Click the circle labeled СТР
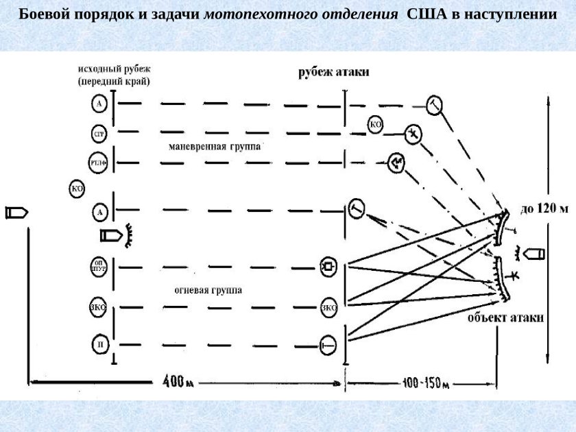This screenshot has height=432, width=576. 99,132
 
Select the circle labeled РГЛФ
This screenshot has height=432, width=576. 99,163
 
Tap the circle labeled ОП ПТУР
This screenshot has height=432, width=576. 99,265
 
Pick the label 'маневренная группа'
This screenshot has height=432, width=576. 215,146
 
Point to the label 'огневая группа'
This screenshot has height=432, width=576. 208,290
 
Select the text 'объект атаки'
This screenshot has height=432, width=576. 506,317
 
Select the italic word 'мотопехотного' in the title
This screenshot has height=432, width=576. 251,14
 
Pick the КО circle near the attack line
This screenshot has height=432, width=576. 375,124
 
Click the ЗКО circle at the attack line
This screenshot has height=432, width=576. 328,307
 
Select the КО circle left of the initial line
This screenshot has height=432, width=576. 77,189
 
